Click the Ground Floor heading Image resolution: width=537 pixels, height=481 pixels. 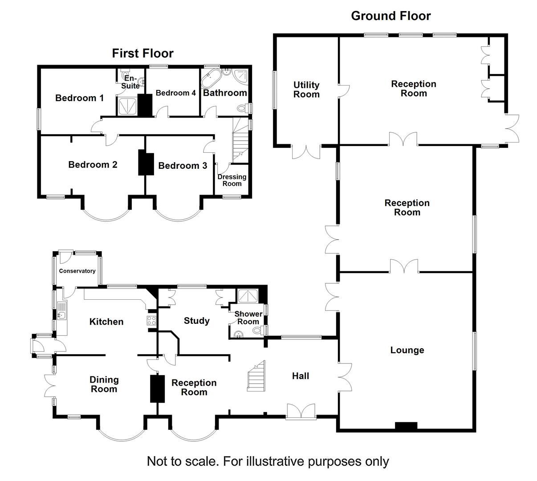pyautogui.click(x=391, y=16)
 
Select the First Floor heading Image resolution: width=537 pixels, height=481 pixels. pyautogui.click(x=142, y=53)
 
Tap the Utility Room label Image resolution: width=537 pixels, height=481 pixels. pyautogui.click(x=306, y=90)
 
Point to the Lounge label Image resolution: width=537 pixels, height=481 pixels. pyautogui.click(x=407, y=350)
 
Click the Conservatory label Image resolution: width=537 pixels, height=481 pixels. pyautogui.click(x=77, y=271)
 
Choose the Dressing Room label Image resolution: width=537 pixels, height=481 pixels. pyautogui.click(x=232, y=180)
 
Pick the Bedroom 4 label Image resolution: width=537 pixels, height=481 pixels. pyautogui.click(x=175, y=93)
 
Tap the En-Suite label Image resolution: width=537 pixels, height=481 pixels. pyautogui.click(x=130, y=82)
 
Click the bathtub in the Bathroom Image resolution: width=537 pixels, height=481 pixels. pyautogui.click(x=210, y=79)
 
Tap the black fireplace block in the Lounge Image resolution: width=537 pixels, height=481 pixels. pyautogui.click(x=406, y=426)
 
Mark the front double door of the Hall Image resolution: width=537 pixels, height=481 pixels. pyautogui.click(x=301, y=411)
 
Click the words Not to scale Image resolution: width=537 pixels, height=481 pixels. pyautogui.click(x=182, y=461)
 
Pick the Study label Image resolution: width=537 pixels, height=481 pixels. pyautogui.click(x=196, y=321)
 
